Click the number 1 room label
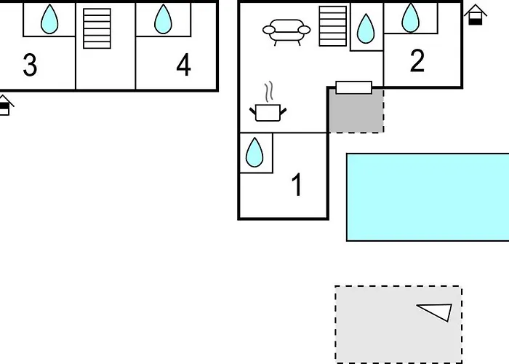pos(296,185)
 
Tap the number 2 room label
pos(417,61)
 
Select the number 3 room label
pos(29,66)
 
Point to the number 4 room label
pos(183,66)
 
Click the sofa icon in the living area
pos(286,31)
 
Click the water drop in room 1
pos(254,153)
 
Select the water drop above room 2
pos(411,17)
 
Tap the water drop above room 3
pos(49,19)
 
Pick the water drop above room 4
pos(163,19)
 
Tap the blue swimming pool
pos(428,197)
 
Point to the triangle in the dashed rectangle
pos(436,312)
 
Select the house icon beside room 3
pos(5,106)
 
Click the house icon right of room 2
pos(476,15)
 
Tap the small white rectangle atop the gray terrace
pos(354,87)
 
